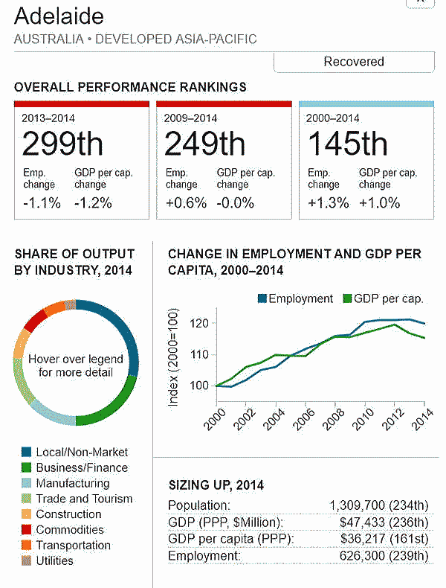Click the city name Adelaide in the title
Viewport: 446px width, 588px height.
point(59,16)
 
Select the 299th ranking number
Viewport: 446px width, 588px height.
point(62,144)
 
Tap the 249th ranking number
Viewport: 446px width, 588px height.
point(204,144)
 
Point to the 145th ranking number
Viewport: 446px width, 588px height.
point(348,144)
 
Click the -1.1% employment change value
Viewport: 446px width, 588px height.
point(42,203)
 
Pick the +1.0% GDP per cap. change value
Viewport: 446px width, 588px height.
point(379,203)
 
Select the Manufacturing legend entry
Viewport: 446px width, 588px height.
point(72,484)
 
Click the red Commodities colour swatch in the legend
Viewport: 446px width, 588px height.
point(27,530)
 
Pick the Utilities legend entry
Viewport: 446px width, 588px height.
point(54,560)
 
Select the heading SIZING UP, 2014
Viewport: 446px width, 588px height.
point(216,486)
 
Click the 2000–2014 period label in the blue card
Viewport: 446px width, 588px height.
point(334,118)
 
